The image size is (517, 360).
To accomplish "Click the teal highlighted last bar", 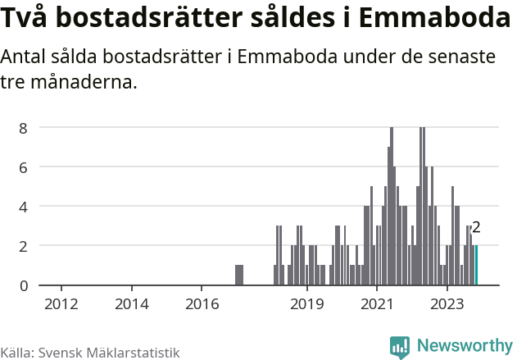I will pyautogui.click(x=476, y=266).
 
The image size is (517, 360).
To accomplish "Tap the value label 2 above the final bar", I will pyautogui.click(x=476, y=228).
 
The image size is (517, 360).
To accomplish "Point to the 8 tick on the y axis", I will pyautogui.click(x=25, y=128).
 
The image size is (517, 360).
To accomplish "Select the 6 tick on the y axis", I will pyautogui.click(x=25, y=167).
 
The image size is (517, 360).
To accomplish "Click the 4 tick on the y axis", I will pyautogui.click(x=25, y=207).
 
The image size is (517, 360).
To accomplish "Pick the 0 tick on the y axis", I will pyautogui.click(x=25, y=285).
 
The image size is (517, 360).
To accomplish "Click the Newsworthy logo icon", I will pyautogui.click(x=400, y=347).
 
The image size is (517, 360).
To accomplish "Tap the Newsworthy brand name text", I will pyautogui.click(x=464, y=346).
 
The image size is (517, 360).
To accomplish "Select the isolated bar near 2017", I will pyautogui.click(x=239, y=276).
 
